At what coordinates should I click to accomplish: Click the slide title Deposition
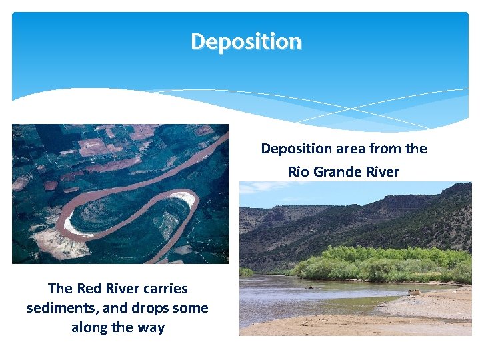pyautogui.click(x=246, y=41)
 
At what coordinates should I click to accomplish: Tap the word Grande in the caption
pyautogui.click(x=338, y=172)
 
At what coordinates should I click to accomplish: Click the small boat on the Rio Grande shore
pyautogui.click(x=415, y=292)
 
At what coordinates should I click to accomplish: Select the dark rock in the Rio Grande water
pyautogui.click(x=309, y=287)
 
